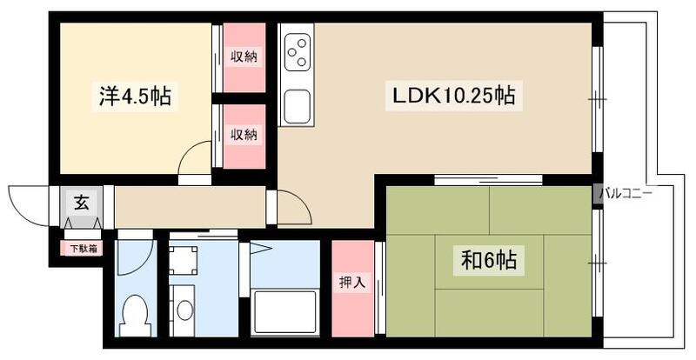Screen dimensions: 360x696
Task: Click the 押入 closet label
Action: [x=352, y=282]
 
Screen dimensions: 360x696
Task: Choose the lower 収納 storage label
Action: [x=244, y=134]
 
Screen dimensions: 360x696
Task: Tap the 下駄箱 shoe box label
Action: [x=83, y=248]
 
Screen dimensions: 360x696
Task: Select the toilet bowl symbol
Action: [x=135, y=310]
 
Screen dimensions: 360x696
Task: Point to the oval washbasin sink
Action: [x=184, y=310]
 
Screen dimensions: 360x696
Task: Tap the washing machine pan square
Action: [x=184, y=259]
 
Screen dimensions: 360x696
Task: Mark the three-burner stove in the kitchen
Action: [x=298, y=51]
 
